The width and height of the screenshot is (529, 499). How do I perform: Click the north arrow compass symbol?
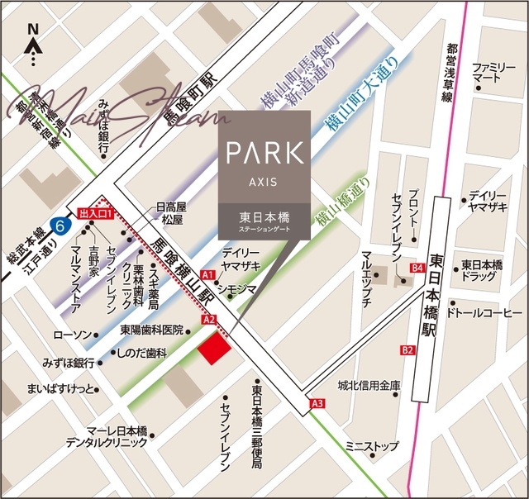point(34,45)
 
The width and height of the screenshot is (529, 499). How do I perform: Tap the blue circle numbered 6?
point(58,224)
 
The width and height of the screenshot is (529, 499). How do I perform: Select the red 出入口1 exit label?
point(93,212)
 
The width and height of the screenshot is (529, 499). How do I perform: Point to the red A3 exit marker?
point(318,403)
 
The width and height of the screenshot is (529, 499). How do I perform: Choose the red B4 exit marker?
point(417,268)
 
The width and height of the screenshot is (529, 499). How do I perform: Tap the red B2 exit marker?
point(407,350)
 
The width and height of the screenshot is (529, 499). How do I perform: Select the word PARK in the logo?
point(264,154)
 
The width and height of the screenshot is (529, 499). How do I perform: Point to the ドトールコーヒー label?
point(484,314)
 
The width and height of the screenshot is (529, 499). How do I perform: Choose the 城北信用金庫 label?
point(369,386)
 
